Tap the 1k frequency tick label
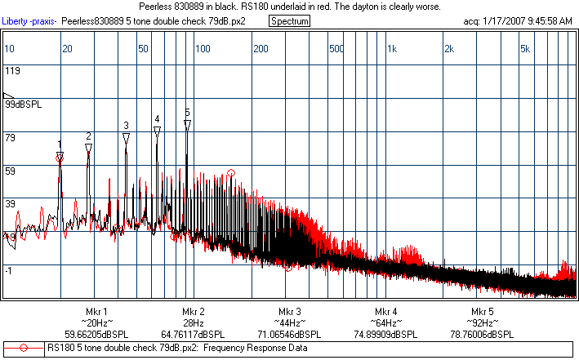[x=393, y=49]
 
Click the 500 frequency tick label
[x=336, y=49]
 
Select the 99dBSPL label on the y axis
[x=24, y=104]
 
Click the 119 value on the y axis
[x=12, y=71]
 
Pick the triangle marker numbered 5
[x=187, y=125]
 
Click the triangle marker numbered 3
[x=126, y=138]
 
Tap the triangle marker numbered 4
[x=157, y=131]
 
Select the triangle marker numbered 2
[x=88, y=148]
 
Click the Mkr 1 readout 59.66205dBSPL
[x=96, y=334]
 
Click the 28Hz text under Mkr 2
[x=193, y=323]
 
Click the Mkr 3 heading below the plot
[x=289, y=312]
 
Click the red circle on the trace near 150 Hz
[x=231, y=173]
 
